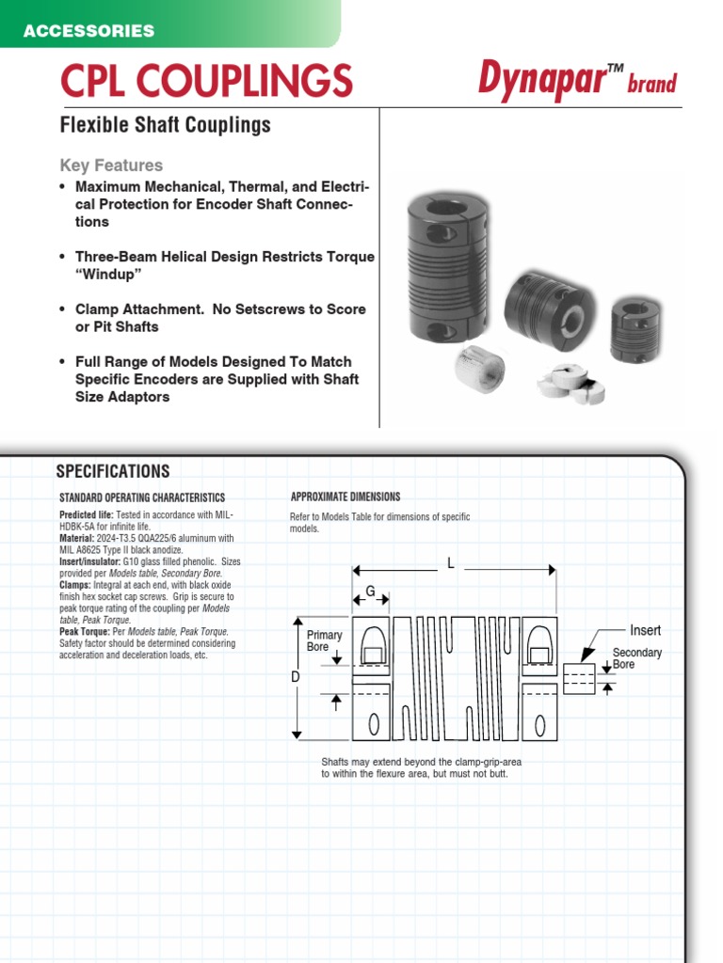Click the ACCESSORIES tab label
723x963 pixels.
tap(88, 31)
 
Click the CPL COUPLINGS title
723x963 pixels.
tap(206, 81)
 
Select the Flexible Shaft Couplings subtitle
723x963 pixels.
tap(165, 125)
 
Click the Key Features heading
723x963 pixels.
tap(111, 166)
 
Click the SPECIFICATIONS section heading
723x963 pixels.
tap(113, 472)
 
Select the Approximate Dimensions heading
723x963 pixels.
tap(345, 497)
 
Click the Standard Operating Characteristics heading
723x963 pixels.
tap(142, 497)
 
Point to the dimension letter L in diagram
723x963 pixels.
tap(451, 563)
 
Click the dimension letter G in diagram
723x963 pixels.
tap(371, 591)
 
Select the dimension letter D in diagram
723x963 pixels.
tap(296, 676)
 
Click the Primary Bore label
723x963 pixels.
tap(324, 641)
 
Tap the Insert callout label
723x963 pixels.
tap(645, 630)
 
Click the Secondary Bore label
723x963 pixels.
tap(636, 658)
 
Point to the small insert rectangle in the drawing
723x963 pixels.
tap(578, 677)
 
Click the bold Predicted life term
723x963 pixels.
tap(86, 515)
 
